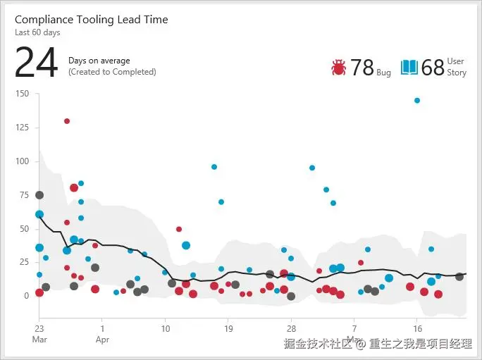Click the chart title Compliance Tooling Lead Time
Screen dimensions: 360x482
91,20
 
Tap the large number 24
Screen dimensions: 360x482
36,63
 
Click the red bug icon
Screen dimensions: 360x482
338,67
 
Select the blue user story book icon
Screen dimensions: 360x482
409,67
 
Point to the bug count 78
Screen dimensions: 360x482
362,67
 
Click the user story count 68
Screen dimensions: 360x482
433,67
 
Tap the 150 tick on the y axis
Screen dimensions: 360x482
21,94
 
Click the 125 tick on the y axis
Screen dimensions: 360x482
21,128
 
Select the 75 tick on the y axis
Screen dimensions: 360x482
23,195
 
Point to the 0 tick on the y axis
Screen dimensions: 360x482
26,296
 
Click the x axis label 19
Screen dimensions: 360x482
228,328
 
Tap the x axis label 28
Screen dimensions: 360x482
291,328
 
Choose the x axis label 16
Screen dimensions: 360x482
417,328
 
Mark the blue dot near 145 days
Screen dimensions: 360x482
417,101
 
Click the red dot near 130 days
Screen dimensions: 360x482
67,121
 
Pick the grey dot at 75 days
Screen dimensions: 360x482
39,195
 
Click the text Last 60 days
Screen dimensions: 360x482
37,32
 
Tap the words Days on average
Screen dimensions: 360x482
99,61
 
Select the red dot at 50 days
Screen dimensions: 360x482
179,229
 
